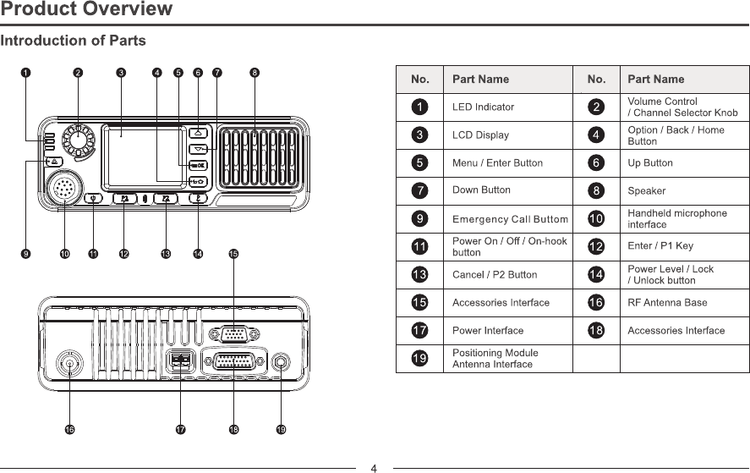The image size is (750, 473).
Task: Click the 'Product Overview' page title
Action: point(86,10)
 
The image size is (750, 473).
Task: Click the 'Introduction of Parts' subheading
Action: point(74,41)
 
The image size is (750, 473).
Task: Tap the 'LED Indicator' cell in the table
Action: point(484,107)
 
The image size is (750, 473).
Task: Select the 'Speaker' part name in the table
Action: point(647,191)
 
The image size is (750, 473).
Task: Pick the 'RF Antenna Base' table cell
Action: point(668,302)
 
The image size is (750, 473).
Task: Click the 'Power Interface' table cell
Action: point(488,330)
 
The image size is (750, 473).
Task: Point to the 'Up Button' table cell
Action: point(650,163)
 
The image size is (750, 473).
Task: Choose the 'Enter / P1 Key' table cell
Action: point(660,247)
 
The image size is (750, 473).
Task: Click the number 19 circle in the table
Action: point(419,358)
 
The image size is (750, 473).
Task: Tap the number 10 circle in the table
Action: point(596,219)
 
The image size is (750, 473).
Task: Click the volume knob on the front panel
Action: point(80,140)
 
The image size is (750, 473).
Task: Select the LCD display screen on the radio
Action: point(143,157)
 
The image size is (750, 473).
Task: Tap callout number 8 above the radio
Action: point(255,72)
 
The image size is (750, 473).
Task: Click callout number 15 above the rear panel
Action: point(233,253)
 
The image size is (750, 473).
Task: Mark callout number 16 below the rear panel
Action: point(69,430)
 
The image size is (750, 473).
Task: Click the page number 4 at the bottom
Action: point(374,466)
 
